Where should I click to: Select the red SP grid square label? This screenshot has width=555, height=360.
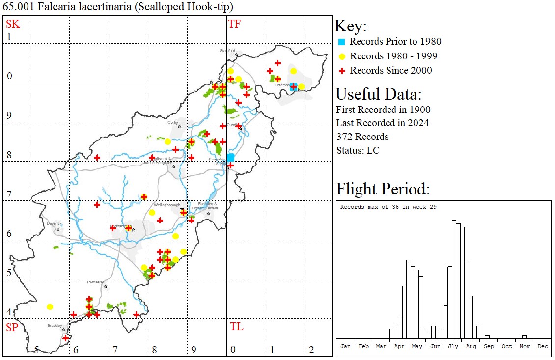(x=11, y=327)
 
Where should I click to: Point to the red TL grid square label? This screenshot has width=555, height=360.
(x=236, y=327)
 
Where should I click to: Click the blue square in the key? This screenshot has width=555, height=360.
(x=342, y=42)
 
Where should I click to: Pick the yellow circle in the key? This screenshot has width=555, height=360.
(x=342, y=56)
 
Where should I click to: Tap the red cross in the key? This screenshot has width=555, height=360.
(x=342, y=71)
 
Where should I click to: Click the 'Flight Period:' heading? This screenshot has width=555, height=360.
(x=383, y=189)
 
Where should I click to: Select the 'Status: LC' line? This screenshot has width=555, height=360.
(x=358, y=150)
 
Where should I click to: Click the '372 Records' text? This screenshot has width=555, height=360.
(x=362, y=137)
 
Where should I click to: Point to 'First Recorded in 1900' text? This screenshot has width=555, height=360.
(x=376, y=109)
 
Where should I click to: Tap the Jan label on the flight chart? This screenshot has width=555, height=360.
(x=346, y=346)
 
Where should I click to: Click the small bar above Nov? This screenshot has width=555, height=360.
(x=525, y=337)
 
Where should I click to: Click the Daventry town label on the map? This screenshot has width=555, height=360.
(x=54, y=223)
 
